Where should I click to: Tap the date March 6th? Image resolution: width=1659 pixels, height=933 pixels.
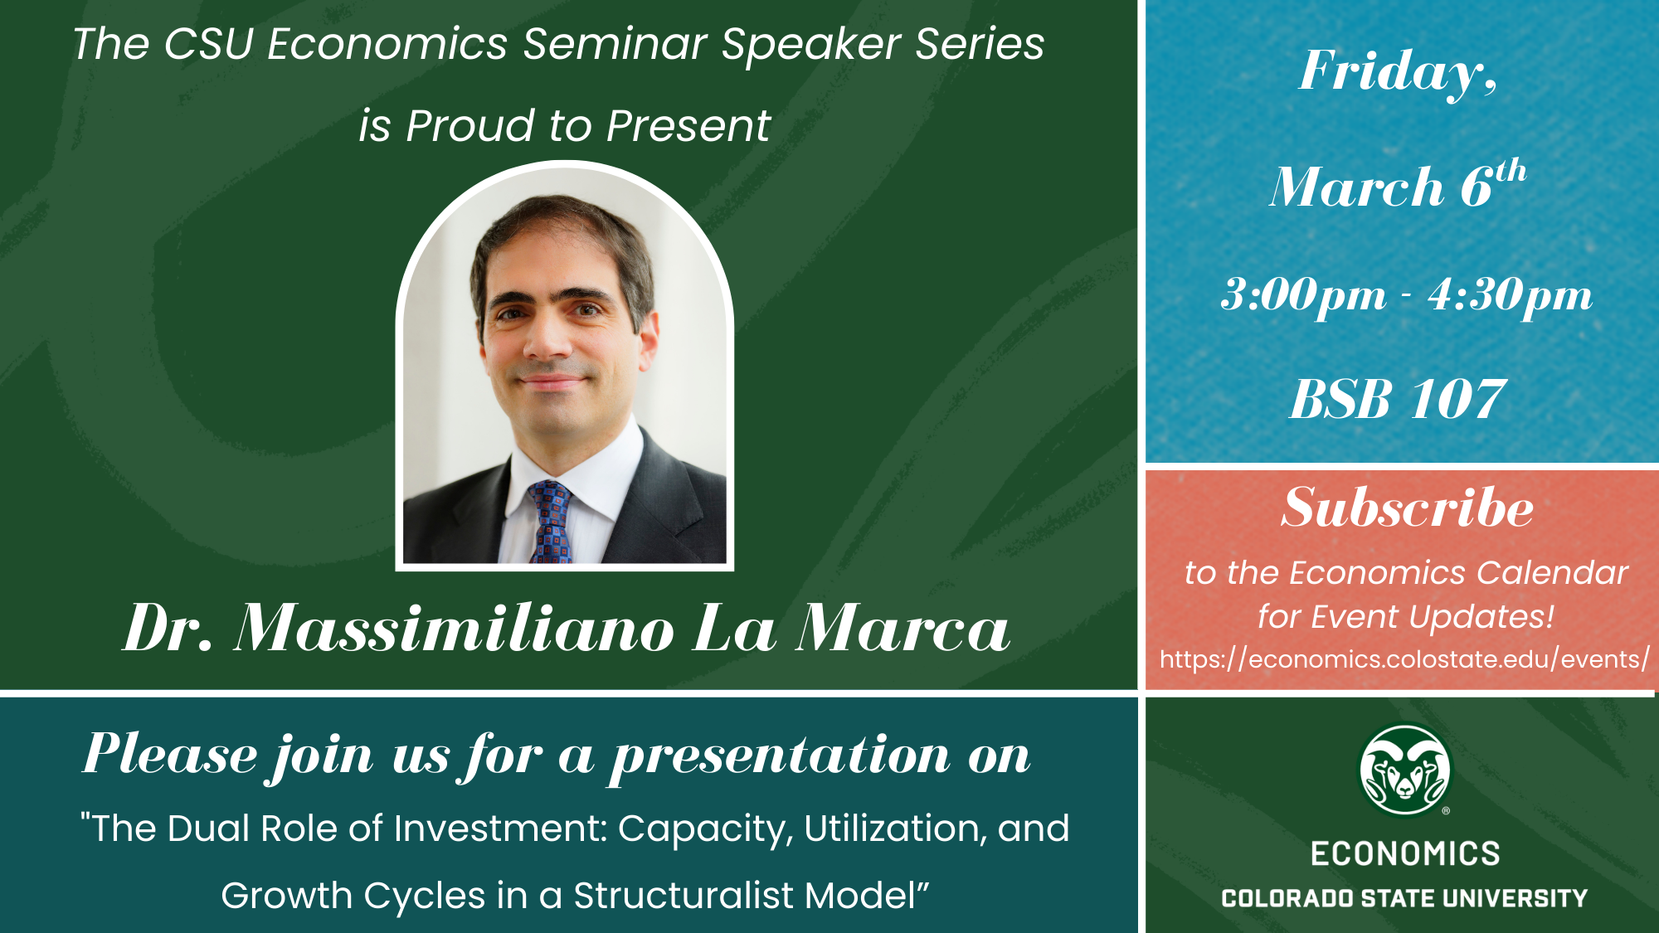point(1398,184)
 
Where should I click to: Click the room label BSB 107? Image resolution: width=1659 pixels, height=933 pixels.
point(1398,399)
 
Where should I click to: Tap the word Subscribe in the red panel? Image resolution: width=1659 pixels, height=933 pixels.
point(1407,507)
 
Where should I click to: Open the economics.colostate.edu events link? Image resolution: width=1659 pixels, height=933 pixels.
point(1404,659)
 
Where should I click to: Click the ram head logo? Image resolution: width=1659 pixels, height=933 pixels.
point(1405,770)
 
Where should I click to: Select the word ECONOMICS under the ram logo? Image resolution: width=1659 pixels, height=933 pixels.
point(1405,853)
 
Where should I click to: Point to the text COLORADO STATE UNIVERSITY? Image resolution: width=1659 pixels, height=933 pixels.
point(1404,898)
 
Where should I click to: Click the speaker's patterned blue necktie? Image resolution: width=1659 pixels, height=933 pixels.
point(550,522)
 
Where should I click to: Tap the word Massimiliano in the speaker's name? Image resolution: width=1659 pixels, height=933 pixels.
point(455,628)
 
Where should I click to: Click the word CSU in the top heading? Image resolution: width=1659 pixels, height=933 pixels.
point(208,44)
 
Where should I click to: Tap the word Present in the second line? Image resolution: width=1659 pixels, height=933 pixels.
point(688,126)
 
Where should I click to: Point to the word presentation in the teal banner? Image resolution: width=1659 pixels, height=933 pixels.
point(781,757)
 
